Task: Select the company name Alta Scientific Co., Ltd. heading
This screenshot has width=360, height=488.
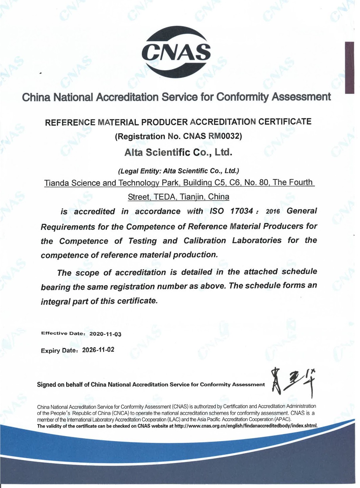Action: pos(178,152)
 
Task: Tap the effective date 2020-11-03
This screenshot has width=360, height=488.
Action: pos(105,334)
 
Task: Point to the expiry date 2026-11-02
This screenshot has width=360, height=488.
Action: pos(98,350)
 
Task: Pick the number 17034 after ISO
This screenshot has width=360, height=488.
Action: pos(242,211)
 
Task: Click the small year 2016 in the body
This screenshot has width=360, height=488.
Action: pos(273,212)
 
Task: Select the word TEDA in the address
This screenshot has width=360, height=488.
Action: pos(164,197)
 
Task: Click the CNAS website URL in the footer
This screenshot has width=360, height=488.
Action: pos(246,426)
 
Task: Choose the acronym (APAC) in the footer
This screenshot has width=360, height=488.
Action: pos(282,419)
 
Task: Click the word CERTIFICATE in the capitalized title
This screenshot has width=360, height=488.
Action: pos(285,121)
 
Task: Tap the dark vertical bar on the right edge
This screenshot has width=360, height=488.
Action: pos(349,67)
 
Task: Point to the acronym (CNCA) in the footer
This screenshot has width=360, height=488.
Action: pos(119,413)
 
